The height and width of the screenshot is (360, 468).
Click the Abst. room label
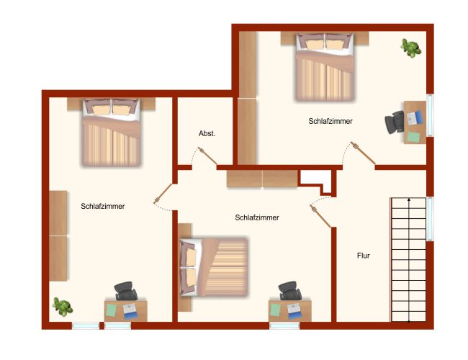click(x=207, y=133)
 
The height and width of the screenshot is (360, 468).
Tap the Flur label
click(x=363, y=256)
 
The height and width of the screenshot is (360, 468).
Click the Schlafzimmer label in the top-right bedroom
click(x=330, y=121)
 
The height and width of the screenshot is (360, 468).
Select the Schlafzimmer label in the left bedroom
click(x=103, y=206)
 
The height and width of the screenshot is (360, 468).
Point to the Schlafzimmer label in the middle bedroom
click(x=257, y=217)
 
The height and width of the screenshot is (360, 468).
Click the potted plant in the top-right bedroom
click(x=411, y=48)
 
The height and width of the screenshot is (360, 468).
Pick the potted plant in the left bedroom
click(x=63, y=307)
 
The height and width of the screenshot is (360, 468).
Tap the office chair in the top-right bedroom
click(x=395, y=122)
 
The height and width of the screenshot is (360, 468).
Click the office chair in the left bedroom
click(x=126, y=291)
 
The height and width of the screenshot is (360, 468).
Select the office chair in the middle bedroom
click(x=290, y=291)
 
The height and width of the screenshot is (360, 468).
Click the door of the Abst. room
click(x=208, y=156)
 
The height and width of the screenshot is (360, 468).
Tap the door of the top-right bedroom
click(x=363, y=153)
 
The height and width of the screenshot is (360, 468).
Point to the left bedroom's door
click(x=163, y=194)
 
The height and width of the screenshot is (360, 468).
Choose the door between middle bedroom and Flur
click(x=320, y=216)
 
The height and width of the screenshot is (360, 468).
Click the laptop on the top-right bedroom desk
click(x=415, y=118)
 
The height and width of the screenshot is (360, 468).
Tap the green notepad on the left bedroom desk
click(x=112, y=310)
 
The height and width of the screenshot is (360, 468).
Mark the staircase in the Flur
click(x=408, y=260)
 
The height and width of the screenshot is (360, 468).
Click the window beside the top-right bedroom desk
click(x=430, y=115)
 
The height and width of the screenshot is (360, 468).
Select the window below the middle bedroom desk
click(x=284, y=325)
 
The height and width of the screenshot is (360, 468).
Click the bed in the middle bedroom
click(x=214, y=267)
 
